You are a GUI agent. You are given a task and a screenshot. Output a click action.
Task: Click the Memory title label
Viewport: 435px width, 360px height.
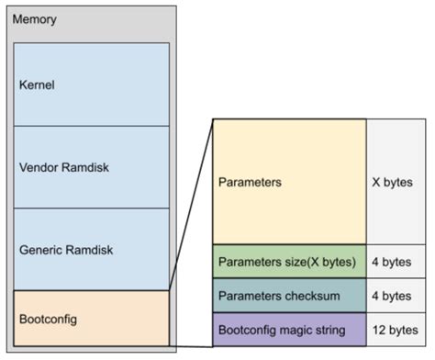(x=34, y=19)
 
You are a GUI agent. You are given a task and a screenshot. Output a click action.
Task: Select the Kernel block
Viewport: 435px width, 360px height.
(x=92, y=84)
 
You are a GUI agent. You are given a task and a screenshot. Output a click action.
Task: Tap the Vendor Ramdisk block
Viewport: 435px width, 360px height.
(x=92, y=167)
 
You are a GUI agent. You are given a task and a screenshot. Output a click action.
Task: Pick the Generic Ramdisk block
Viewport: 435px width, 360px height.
(x=92, y=249)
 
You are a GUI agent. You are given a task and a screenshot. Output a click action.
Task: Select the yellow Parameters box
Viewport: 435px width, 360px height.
(x=289, y=181)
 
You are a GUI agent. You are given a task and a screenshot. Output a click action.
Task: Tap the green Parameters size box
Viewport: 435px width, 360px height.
(x=289, y=261)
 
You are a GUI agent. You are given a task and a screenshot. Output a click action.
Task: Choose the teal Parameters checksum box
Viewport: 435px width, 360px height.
(x=289, y=295)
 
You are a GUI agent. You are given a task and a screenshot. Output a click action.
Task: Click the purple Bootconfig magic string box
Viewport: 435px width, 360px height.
(x=289, y=329)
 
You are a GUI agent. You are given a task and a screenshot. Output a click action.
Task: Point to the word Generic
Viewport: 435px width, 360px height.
(x=40, y=249)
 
